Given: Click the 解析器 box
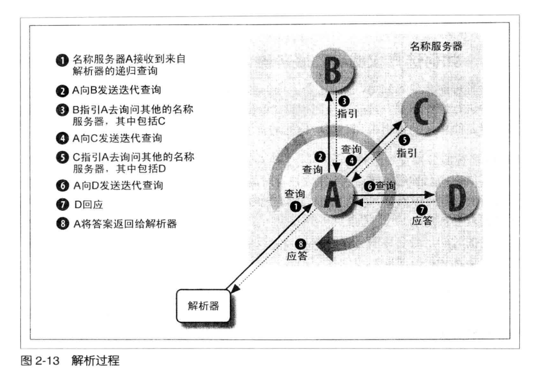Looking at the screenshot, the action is pyautogui.click(x=203, y=306).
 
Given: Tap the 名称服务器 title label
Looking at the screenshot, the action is pyautogui.click(x=436, y=46).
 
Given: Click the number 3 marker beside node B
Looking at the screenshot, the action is pyautogui.click(x=345, y=101).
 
